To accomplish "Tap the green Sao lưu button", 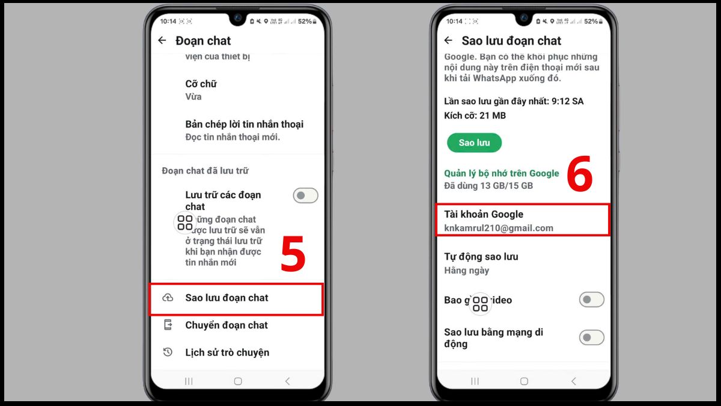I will pyautogui.click(x=474, y=143).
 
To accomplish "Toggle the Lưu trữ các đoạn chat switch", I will pyautogui.click(x=305, y=195).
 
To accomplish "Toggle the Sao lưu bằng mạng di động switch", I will pyautogui.click(x=591, y=337).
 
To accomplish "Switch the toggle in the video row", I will pyautogui.click(x=591, y=300).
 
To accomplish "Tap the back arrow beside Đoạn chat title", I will pyautogui.click(x=162, y=40).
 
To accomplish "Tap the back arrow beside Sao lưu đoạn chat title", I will pyautogui.click(x=448, y=40).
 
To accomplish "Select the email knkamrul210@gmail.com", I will pyautogui.click(x=498, y=228).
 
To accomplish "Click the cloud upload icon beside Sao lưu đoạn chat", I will pyautogui.click(x=168, y=298).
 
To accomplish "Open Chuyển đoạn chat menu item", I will pyautogui.click(x=227, y=325).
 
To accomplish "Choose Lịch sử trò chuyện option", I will pyautogui.click(x=227, y=352).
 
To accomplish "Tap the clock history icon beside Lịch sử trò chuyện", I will pyautogui.click(x=168, y=352).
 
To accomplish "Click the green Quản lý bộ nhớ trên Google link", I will pyautogui.click(x=501, y=173).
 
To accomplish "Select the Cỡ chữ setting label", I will pyautogui.click(x=201, y=84).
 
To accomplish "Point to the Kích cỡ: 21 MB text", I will pyautogui.click(x=475, y=115).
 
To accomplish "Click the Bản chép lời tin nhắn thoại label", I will pyautogui.click(x=244, y=125).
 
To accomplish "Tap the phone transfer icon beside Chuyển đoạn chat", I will pyautogui.click(x=168, y=325).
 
